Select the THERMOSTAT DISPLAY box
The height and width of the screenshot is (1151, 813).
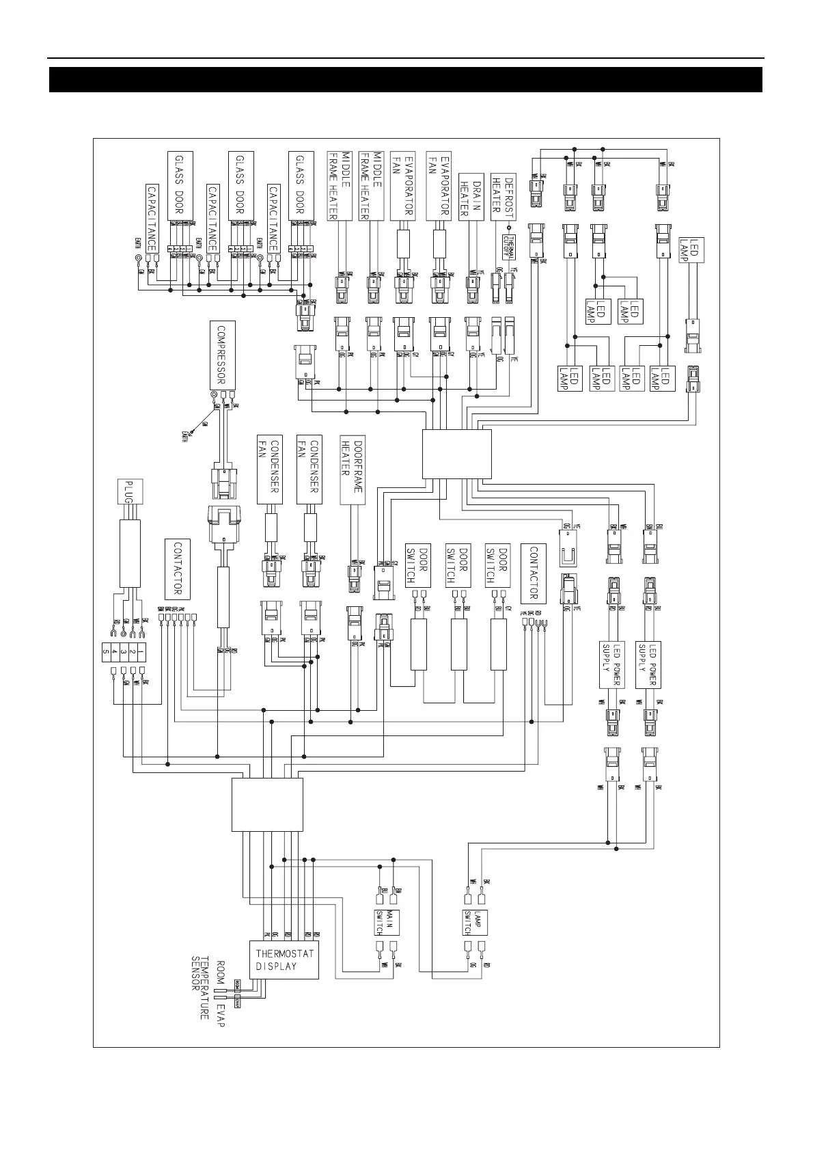284,959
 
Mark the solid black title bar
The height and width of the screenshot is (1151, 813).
406,79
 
